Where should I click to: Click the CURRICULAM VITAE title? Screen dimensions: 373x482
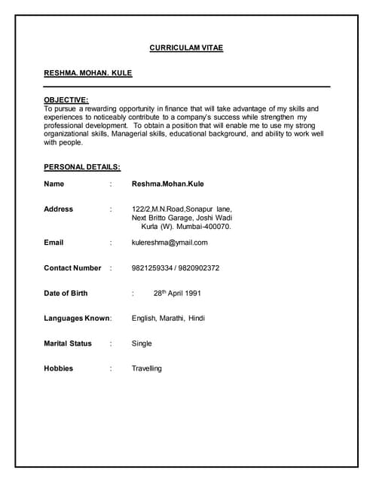(186, 48)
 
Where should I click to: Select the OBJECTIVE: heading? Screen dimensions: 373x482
(66, 99)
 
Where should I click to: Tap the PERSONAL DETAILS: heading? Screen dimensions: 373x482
(82, 166)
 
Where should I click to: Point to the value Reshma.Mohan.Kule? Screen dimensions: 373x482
(167, 184)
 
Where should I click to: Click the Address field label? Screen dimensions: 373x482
(59, 209)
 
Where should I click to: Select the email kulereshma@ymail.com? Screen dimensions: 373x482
(170, 243)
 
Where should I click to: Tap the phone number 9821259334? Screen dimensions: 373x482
(151, 268)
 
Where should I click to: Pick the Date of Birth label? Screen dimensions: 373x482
(66, 293)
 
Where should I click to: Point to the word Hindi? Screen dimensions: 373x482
(197, 319)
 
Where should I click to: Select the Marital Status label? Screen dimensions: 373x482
(68, 343)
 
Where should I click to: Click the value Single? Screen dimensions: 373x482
(142, 343)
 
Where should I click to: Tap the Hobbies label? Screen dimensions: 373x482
(59, 368)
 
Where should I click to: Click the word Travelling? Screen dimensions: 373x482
(147, 368)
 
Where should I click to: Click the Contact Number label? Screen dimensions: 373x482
(72, 268)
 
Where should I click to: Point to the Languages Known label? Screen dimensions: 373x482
(77, 319)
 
